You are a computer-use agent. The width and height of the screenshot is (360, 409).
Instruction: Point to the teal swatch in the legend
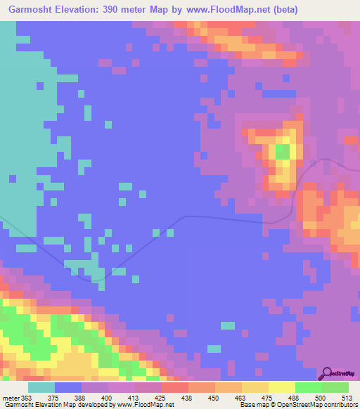click(41, 387)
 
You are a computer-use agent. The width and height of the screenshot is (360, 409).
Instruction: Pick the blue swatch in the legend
click(68, 387)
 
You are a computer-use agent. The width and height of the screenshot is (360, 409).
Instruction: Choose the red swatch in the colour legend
click(174, 387)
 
